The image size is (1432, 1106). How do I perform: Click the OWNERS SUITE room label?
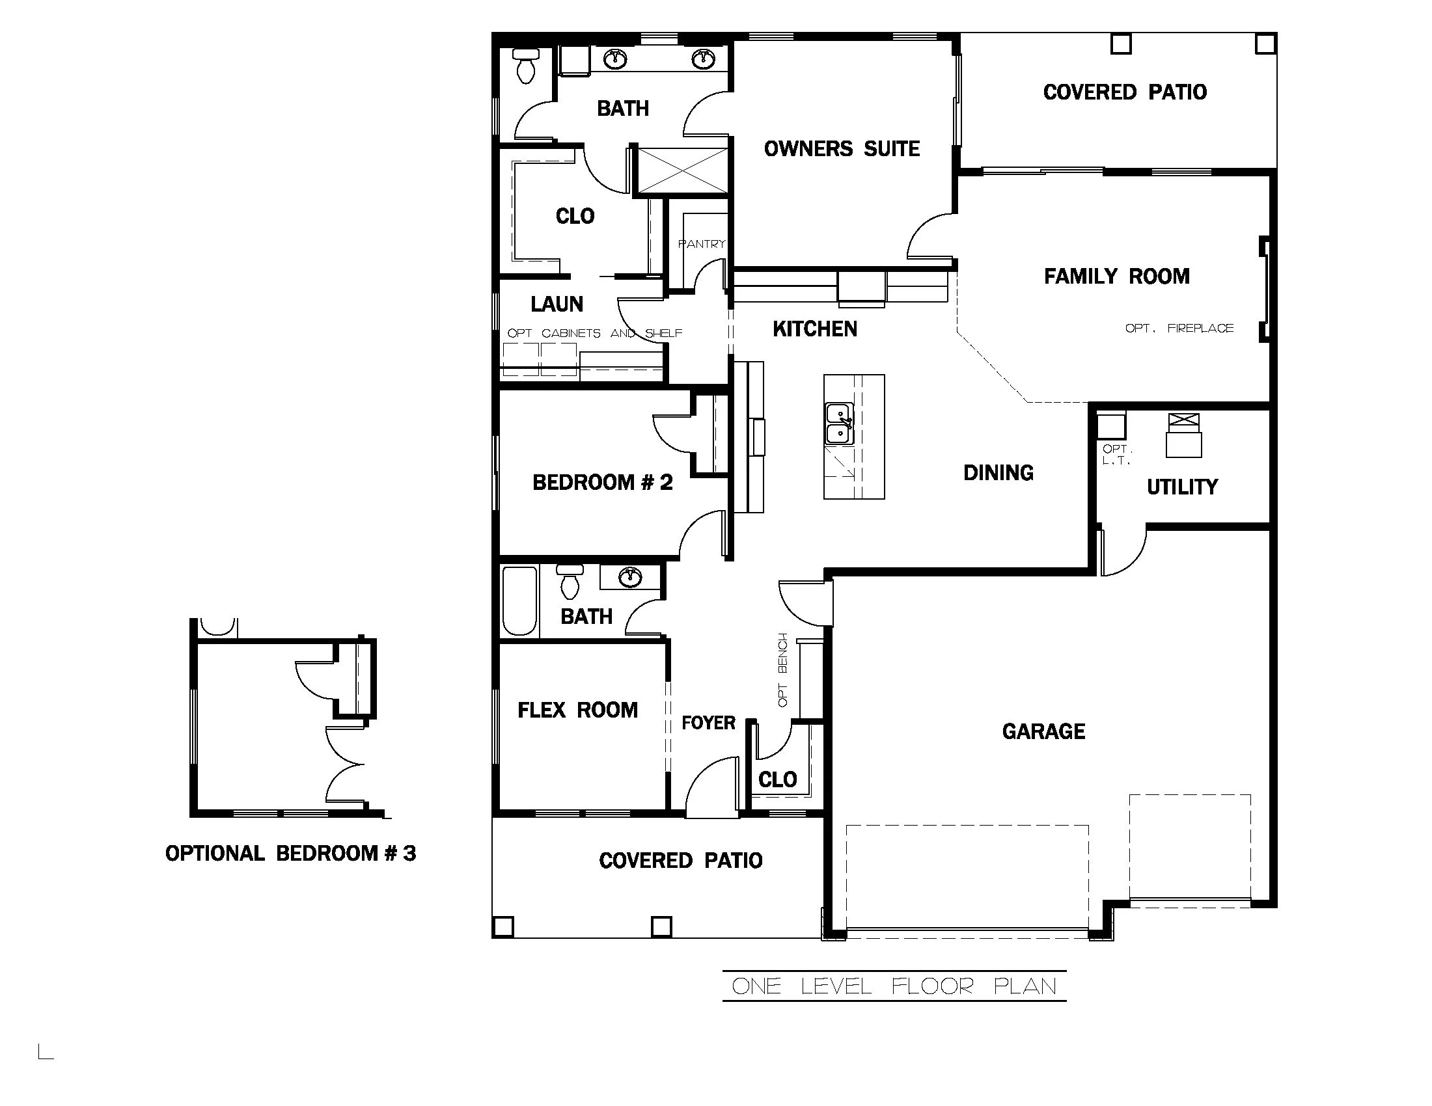(841, 149)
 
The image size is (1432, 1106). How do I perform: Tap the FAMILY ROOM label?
(1116, 276)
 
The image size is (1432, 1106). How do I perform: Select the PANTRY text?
(701, 244)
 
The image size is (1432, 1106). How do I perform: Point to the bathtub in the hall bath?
(519, 601)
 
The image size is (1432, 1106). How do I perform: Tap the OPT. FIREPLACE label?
(1178, 329)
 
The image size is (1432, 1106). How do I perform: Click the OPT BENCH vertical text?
(782, 669)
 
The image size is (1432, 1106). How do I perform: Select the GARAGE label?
(1043, 731)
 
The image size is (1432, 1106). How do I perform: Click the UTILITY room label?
(1181, 487)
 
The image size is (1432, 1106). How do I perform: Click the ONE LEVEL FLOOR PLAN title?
(894, 986)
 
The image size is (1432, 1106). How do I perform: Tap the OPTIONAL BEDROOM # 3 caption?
(290, 853)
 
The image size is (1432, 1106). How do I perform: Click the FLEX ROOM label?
(577, 710)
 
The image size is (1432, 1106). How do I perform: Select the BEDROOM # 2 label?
(602, 482)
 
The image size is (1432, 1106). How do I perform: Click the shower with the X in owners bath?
(682, 170)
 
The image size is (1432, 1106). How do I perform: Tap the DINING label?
(998, 472)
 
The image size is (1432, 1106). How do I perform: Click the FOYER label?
(708, 723)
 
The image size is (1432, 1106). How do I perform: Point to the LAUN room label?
(556, 304)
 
